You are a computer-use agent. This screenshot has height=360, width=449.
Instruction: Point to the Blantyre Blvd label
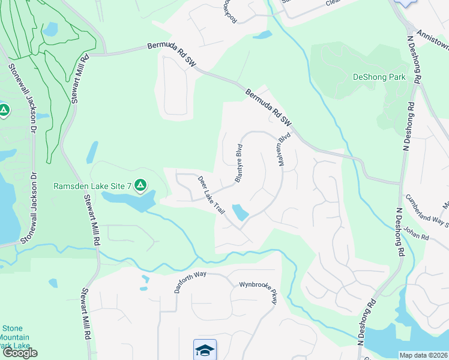pyautogui.click(x=238, y=164)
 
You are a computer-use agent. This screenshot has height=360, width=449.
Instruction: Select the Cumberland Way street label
pyautogui.click(x=427, y=210)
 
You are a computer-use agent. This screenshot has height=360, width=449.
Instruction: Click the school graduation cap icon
pyautogui.click(x=204, y=349)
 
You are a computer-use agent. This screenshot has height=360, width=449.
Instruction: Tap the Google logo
pyautogui.click(x=20, y=353)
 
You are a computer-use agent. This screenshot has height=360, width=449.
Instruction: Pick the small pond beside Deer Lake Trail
pyautogui.click(x=241, y=212)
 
